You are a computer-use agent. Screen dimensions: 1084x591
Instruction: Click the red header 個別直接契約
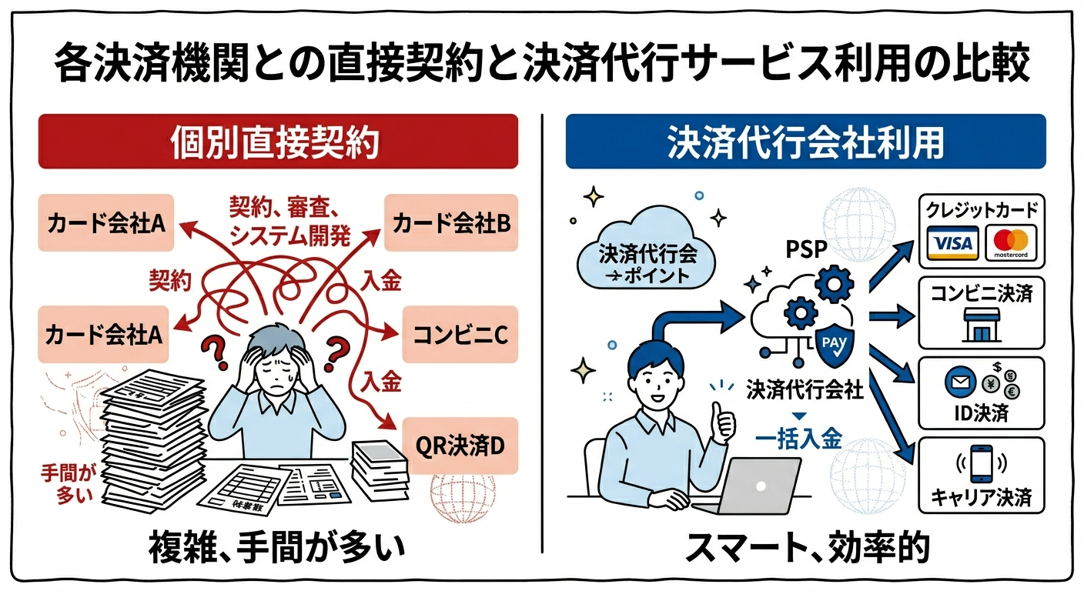[x=278, y=142]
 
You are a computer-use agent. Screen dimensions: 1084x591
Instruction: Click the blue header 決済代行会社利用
[x=806, y=142]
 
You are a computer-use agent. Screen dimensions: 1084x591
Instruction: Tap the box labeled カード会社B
[x=451, y=223]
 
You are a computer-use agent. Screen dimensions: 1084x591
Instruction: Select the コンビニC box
[x=460, y=334]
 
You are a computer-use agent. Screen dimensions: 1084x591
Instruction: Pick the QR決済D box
[x=460, y=446]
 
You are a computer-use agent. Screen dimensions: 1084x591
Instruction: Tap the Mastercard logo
[x=1011, y=242]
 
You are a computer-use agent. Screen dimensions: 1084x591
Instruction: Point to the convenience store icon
[x=982, y=325]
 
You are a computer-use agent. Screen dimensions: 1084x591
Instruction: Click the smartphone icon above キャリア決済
[x=982, y=464]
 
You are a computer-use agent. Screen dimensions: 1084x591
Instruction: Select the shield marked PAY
[x=835, y=345]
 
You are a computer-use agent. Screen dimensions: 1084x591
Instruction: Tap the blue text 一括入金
[x=799, y=439]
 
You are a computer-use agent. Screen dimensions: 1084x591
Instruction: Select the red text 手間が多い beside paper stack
[x=68, y=482]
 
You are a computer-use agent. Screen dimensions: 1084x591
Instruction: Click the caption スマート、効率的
[x=808, y=547]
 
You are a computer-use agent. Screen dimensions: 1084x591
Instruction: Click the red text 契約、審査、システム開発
[x=289, y=222]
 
